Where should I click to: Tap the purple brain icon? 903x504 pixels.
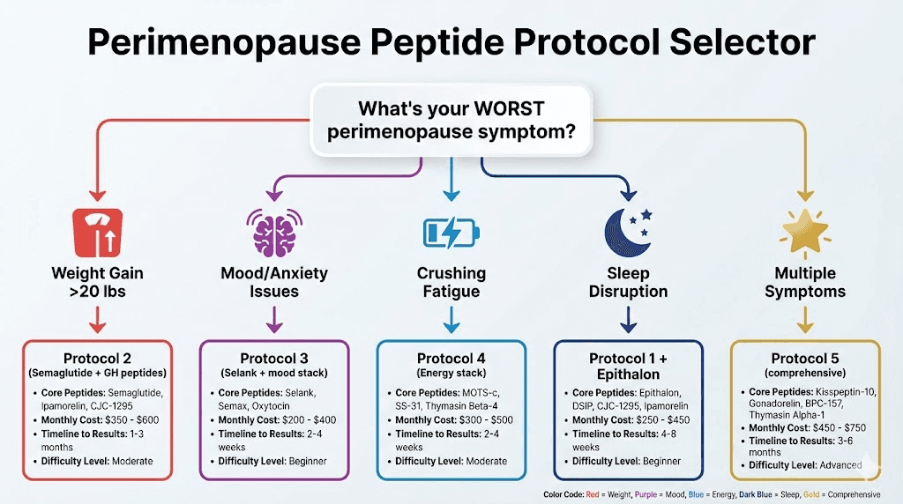click(273, 232)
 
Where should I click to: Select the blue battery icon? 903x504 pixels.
click(451, 232)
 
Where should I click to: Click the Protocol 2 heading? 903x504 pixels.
click(97, 358)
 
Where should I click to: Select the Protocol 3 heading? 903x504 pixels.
click(273, 358)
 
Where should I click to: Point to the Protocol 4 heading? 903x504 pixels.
click(451, 358)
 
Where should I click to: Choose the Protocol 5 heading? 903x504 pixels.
click(805, 358)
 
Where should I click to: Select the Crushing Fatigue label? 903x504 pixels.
click(451, 282)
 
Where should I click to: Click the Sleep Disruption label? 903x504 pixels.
click(628, 282)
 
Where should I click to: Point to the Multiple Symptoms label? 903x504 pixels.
click(804, 282)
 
